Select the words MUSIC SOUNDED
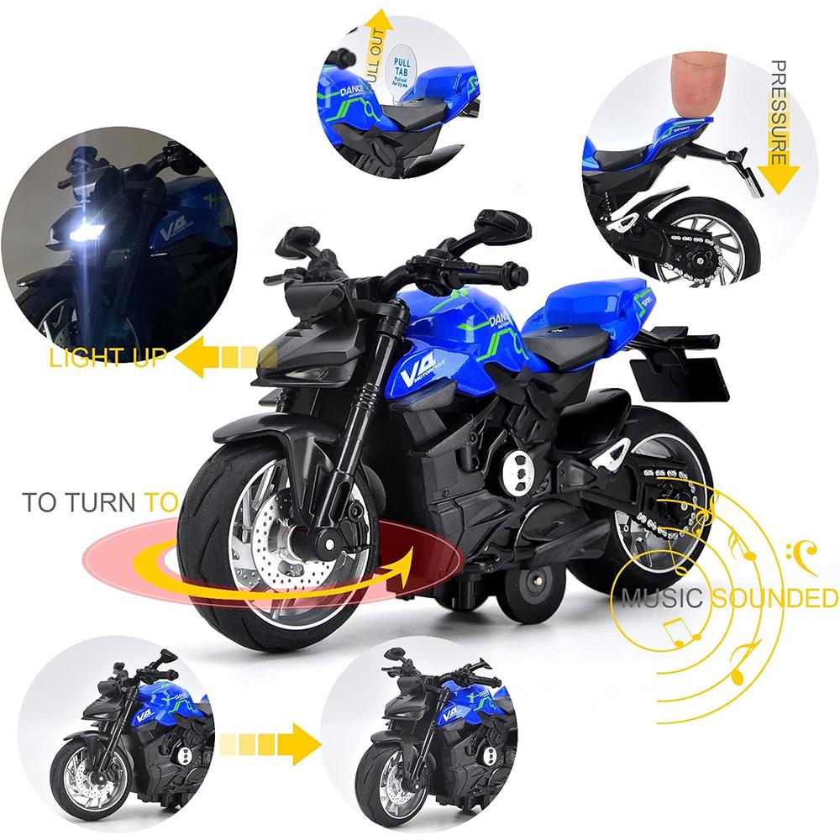[x=729, y=599]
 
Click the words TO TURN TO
[x=100, y=503]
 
